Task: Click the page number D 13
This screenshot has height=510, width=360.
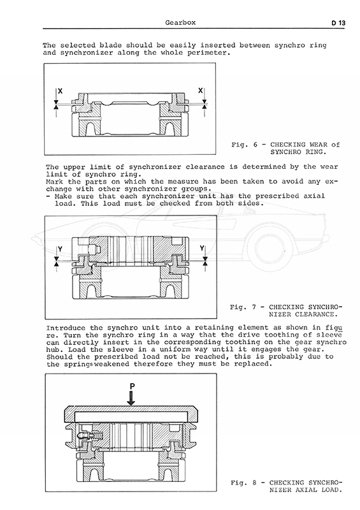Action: [x=338, y=23]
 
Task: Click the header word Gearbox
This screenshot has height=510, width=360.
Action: [x=180, y=22]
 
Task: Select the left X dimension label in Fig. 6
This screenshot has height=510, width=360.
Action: [x=60, y=91]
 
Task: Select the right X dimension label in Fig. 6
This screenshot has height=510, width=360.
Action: [x=200, y=91]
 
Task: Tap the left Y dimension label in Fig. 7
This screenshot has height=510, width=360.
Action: [x=60, y=249]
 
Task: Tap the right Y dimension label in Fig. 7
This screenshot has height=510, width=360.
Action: [x=202, y=249]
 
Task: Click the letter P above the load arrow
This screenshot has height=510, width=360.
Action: [x=132, y=386]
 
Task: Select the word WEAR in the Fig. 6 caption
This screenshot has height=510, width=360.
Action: [x=319, y=145]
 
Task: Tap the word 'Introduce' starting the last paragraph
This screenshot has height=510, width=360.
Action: [x=66, y=328]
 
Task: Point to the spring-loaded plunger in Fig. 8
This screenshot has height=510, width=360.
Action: [x=90, y=435]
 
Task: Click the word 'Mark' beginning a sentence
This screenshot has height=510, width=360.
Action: [x=54, y=182]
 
